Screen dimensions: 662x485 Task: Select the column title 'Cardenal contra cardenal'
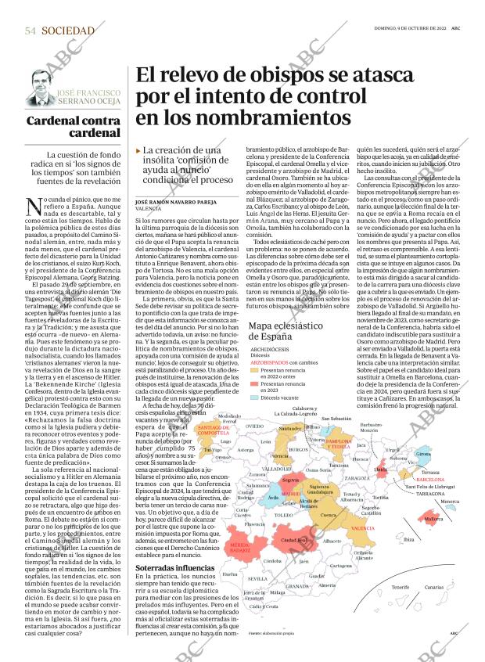[73, 128]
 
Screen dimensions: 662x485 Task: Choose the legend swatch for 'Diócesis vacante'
[254, 398]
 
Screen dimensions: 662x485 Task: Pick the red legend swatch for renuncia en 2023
[254, 384]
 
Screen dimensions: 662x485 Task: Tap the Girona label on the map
[423, 454]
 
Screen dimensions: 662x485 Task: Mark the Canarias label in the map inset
[435, 586]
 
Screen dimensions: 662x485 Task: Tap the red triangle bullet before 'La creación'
[138, 149]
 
